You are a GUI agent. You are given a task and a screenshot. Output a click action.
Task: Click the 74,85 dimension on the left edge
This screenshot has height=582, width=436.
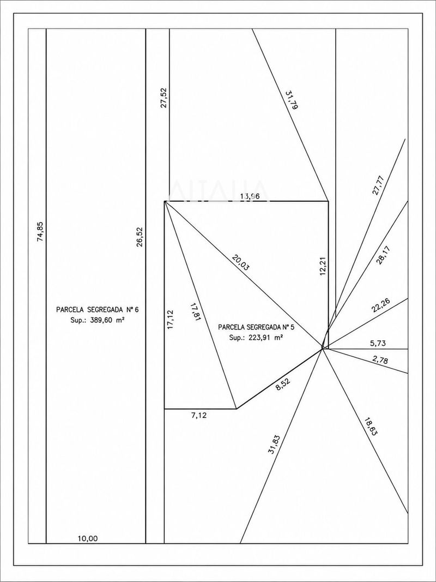(x=41, y=232)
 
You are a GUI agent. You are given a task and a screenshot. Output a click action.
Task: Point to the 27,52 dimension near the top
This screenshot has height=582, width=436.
(x=164, y=98)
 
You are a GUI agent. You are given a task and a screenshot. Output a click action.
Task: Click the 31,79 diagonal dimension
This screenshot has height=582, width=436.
(x=292, y=99)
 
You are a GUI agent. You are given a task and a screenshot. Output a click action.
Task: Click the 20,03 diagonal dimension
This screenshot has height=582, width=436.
(x=240, y=262)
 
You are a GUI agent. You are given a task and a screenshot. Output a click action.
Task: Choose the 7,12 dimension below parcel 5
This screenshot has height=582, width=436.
(x=199, y=415)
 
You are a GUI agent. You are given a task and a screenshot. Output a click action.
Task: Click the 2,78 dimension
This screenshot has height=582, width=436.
(x=380, y=359)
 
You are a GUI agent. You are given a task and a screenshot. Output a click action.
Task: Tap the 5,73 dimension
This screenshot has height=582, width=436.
(x=378, y=343)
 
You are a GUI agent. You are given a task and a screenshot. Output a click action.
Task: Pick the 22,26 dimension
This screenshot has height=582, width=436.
(x=380, y=306)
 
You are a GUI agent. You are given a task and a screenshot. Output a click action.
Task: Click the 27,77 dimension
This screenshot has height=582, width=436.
(x=378, y=185)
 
